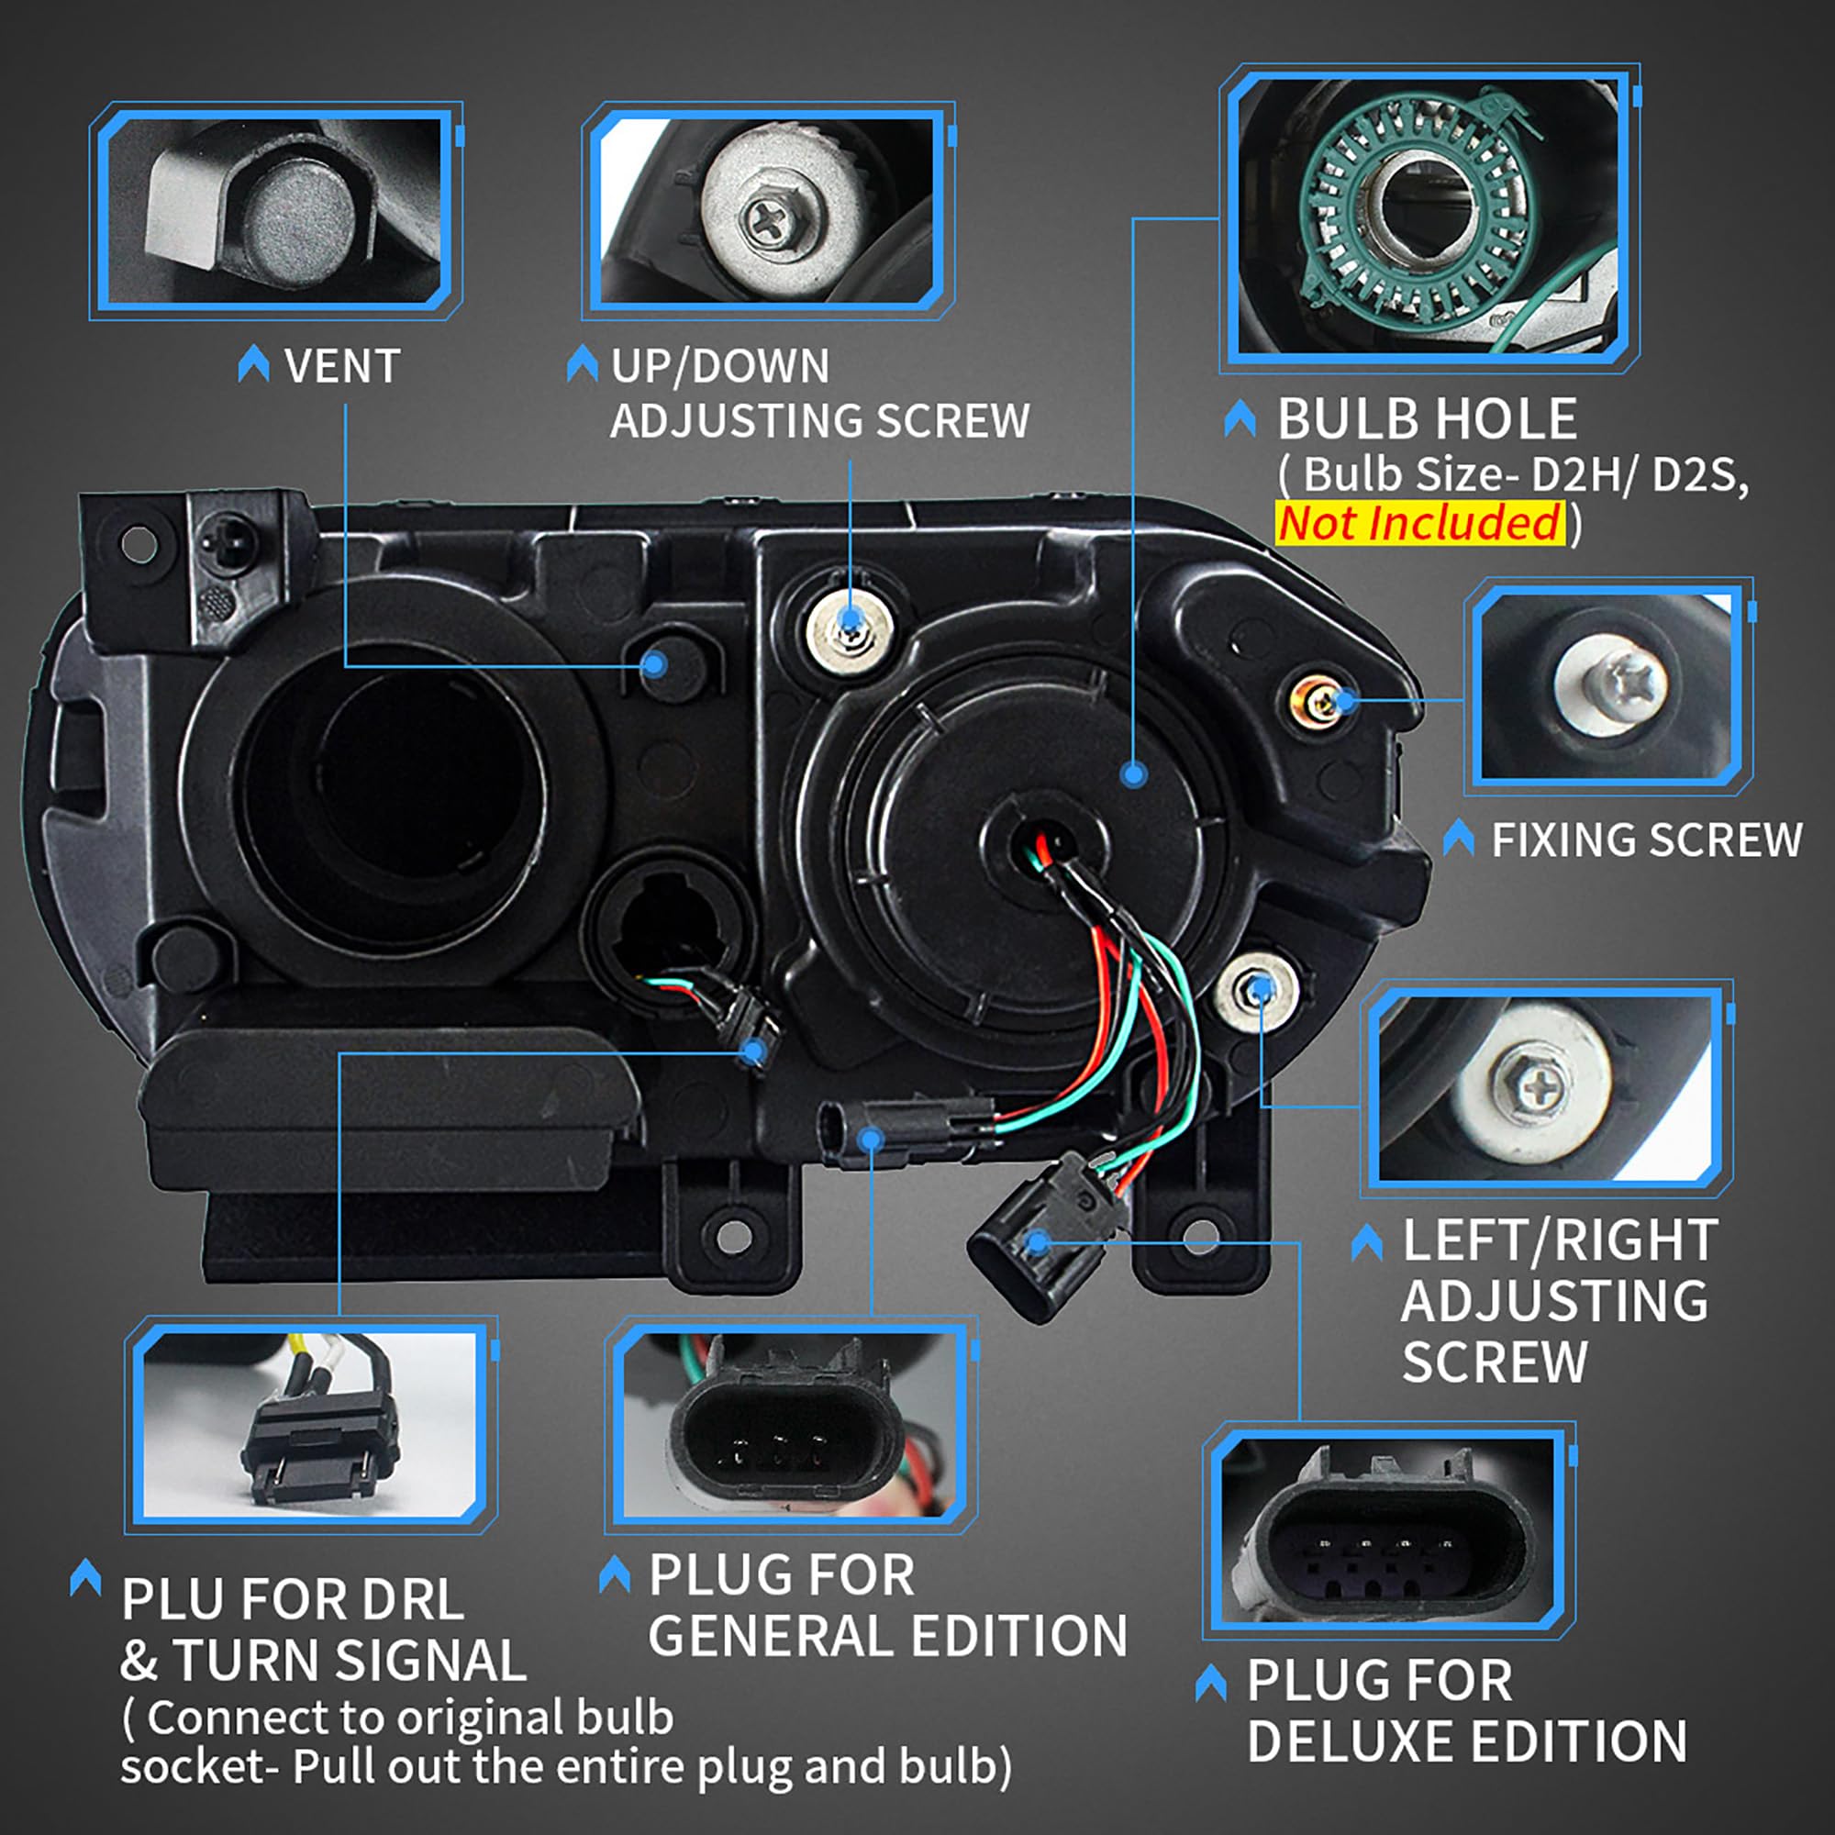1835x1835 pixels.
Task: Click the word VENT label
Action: click(342, 367)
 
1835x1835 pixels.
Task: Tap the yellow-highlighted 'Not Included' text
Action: click(1419, 523)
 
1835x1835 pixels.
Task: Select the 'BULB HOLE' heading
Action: click(1426, 419)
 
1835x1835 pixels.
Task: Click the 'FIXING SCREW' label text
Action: click(1646, 840)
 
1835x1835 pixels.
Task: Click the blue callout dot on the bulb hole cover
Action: click(1133, 775)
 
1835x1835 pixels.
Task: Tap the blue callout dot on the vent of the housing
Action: click(654, 664)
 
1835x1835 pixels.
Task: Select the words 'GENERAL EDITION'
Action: click(887, 1636)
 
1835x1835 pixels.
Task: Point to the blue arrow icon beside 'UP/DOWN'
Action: click(582, 365)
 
